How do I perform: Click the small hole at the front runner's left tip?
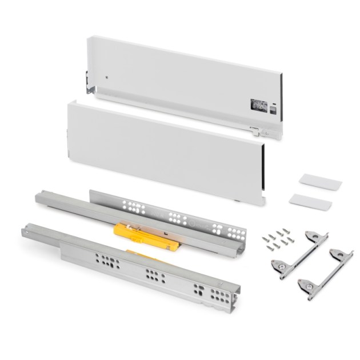[27, 231]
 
